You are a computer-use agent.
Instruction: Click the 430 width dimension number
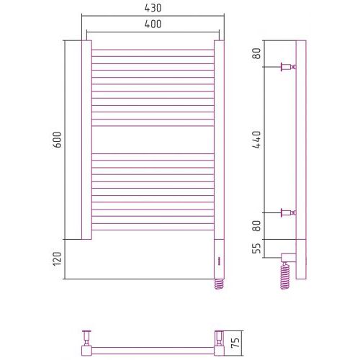[153, 8]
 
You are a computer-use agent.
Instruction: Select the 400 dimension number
[153, 24]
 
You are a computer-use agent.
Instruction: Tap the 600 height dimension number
[57, 140]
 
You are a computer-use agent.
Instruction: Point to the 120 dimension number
[57, 258]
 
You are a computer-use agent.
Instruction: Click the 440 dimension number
[256, 140]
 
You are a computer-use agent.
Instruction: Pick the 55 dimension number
[256, 248]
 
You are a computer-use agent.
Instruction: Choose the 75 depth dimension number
[236, 343]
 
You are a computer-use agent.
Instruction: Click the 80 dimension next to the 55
[256, 226]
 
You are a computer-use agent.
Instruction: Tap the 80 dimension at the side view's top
[256, 53]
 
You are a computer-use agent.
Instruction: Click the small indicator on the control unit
[219, 261]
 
